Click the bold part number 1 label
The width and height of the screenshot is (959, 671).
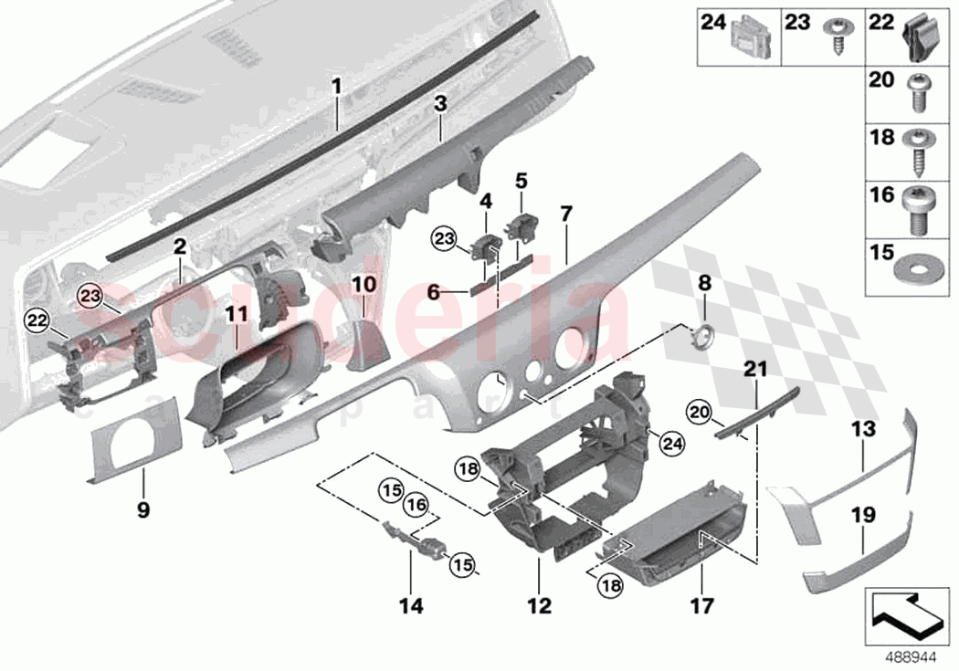[x=336, y=87]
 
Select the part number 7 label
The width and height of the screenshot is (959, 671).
[x=566, y=215]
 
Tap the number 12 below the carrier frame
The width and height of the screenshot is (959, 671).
[x=539, y=604]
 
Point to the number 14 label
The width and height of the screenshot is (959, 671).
[x=410, y=604]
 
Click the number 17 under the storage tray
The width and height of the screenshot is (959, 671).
[x=702, y=604]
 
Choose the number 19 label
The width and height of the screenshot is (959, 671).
[x=863, y=515]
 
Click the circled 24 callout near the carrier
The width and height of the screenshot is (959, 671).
[x=672, y=445]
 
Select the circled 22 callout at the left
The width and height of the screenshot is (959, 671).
[x=36, y=319]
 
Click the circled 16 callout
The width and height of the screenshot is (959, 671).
[x=416, y=505]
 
